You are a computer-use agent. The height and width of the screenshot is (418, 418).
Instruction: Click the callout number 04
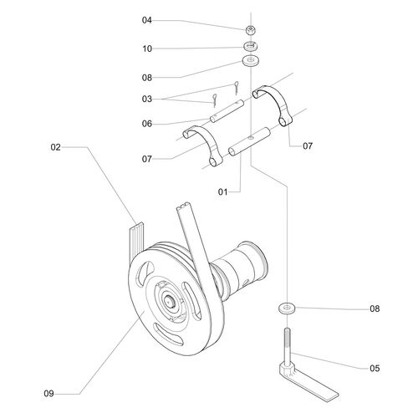pos(147,20)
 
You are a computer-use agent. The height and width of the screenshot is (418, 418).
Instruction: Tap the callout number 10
pos(147,48)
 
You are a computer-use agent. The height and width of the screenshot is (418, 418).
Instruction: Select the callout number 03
pos(147,99)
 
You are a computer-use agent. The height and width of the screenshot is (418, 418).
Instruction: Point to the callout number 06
pos(147,124)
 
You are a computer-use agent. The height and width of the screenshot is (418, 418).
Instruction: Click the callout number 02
pos(55,147)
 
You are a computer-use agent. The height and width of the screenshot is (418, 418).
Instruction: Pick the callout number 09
pos(48,394)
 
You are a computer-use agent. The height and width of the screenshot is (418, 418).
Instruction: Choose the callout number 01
pos(222,192)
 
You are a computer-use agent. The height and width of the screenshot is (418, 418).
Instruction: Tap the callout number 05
pos(375,369)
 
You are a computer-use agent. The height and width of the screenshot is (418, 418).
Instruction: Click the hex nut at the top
pos(251,29)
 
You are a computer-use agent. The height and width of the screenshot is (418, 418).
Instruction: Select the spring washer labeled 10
pos(251,46)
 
